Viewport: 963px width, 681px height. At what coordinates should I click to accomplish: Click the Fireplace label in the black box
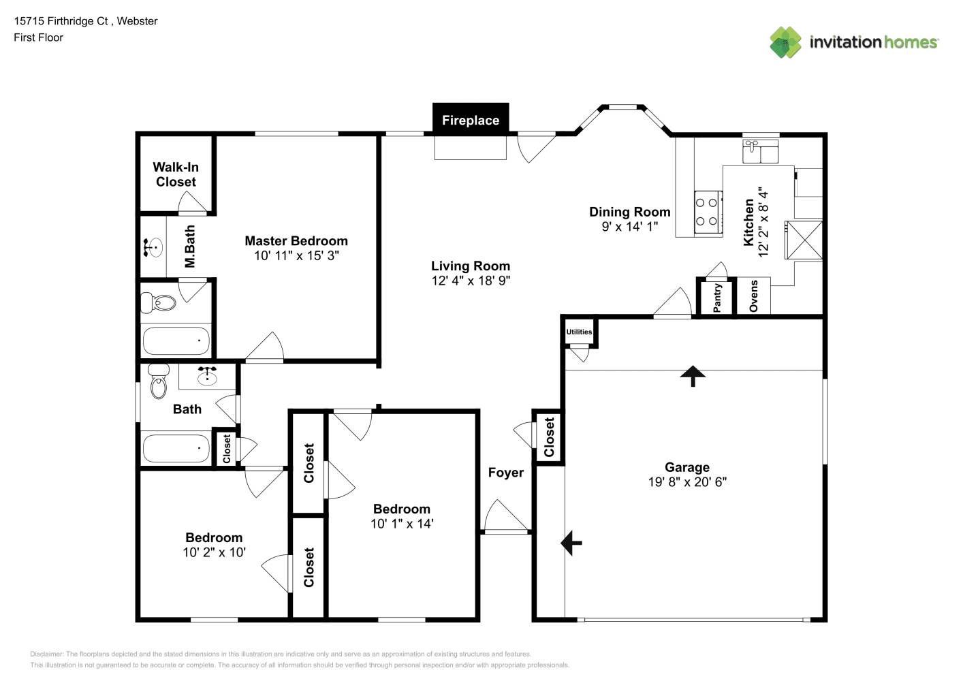[471, 121]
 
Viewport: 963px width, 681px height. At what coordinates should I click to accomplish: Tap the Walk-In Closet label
[176, 174]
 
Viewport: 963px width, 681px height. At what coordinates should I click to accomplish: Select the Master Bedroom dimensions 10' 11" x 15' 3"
[296, 255]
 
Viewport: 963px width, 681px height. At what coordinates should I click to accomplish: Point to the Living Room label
[471, 266]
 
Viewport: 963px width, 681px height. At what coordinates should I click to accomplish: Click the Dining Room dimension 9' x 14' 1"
[630, 226]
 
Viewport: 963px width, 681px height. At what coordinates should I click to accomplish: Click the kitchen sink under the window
[760, 151]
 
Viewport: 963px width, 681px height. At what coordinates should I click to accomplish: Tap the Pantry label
[716, 298]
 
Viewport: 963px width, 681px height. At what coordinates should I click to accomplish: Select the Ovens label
[753, 296]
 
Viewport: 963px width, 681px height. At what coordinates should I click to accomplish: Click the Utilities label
[579, 332]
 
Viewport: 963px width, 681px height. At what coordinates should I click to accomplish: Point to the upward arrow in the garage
[693, 376]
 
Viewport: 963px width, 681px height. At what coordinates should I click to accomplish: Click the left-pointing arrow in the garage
[571, 543]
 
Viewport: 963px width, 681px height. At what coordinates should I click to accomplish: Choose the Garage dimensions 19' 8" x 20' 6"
[687, 481]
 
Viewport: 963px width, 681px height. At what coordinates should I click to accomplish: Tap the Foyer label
[505, 473]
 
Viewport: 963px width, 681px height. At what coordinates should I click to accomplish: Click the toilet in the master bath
[158, 302]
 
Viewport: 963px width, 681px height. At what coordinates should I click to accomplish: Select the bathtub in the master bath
[176, 341]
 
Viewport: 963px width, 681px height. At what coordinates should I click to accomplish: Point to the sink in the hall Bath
[207, 376]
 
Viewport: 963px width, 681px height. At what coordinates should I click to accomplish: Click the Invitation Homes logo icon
[785, 42]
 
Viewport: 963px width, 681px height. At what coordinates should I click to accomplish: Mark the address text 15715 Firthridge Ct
[61, 21]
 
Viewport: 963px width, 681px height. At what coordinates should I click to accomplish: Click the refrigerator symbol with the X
[804, 240]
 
